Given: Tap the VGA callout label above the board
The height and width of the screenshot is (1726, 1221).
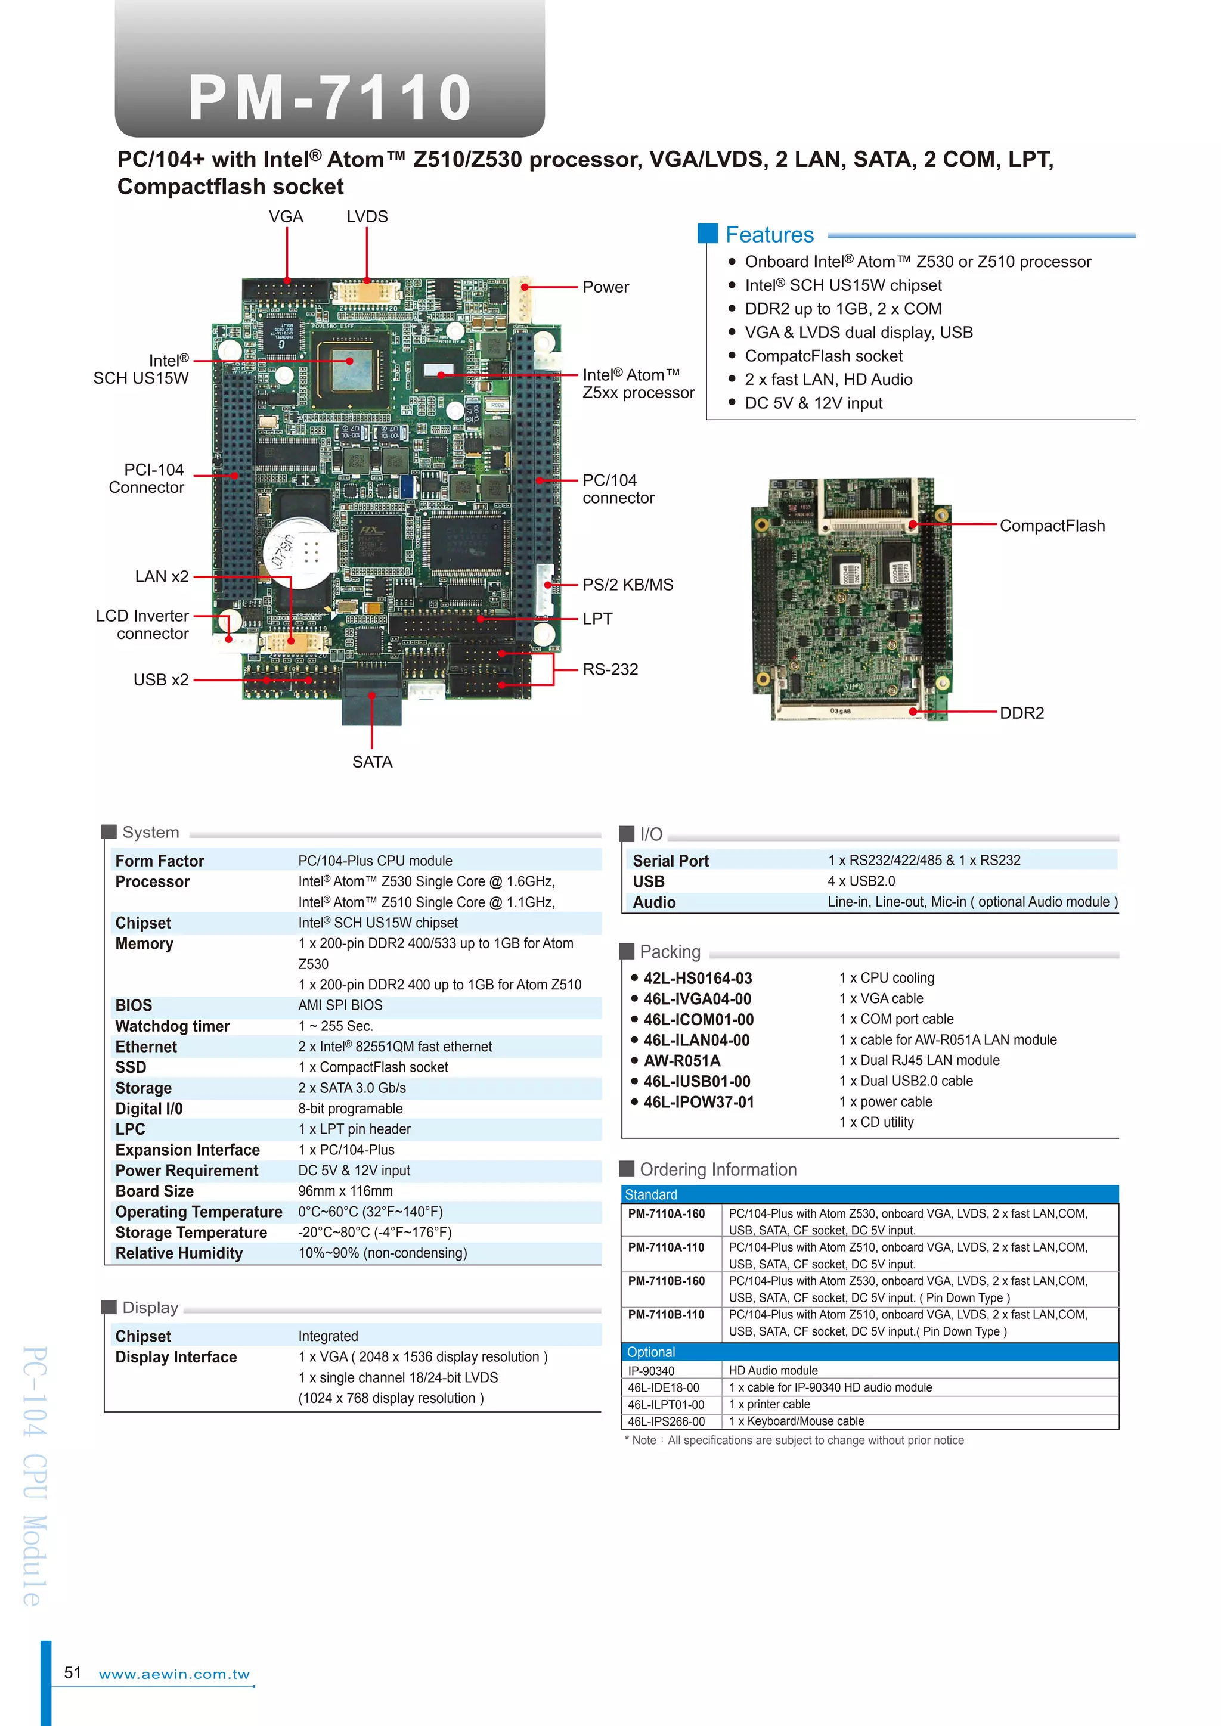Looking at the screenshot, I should (286, 216).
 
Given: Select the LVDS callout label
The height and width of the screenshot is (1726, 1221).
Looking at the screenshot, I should (367, 216).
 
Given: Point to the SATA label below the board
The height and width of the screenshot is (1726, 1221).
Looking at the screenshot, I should (372, 762).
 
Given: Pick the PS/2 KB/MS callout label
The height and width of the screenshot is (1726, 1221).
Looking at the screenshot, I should (628, 584).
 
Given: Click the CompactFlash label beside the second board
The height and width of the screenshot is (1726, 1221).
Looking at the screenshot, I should (1052, 526).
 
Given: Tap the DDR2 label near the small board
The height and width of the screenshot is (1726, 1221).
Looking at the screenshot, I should (1022, 713).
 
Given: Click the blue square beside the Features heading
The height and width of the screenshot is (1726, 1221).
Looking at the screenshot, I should (708, 234).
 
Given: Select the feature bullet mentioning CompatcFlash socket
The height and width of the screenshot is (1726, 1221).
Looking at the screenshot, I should (823, 356).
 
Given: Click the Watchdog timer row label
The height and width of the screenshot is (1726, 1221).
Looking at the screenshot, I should (172, 1026).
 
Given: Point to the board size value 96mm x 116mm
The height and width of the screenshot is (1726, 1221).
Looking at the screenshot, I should (345, 1191).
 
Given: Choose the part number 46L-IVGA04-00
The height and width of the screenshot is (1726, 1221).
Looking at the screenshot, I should (697, 999).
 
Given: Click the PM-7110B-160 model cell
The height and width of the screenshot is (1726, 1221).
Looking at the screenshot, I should (666, 1281).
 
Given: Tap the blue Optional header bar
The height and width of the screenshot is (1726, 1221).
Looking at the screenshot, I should (870, 1352).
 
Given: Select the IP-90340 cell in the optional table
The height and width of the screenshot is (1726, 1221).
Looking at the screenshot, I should (651, 1370).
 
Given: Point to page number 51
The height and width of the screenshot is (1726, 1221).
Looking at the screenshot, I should (72, 1672).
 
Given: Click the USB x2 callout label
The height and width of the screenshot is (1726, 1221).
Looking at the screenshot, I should (161, 679).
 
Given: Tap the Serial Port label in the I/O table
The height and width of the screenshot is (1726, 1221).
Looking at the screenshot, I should (671, 861).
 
